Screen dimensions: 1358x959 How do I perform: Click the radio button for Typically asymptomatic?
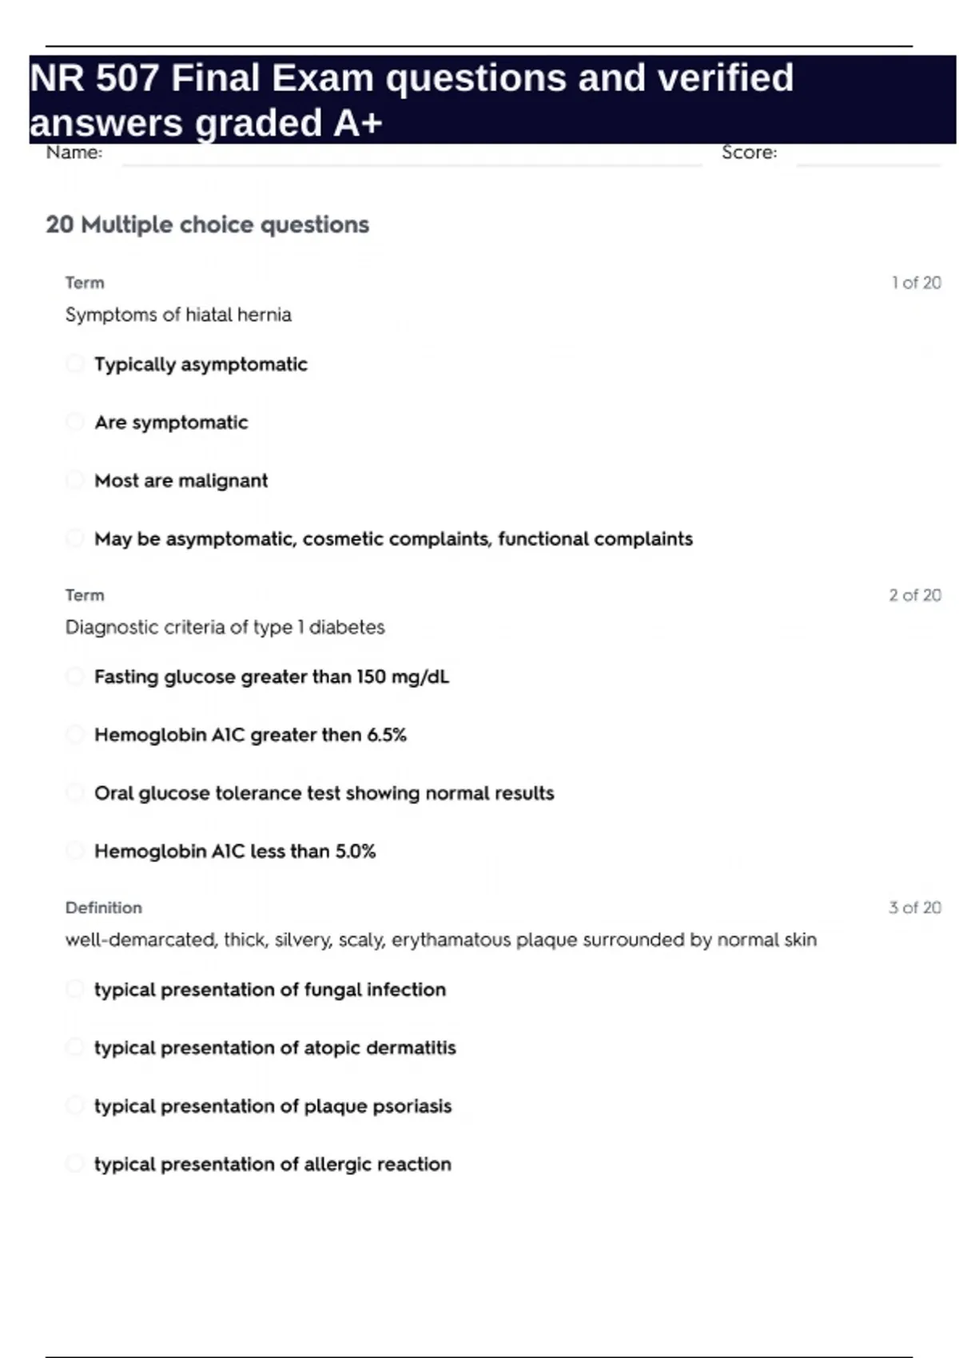[74, 364]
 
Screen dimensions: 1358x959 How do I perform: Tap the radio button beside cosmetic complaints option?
[74, 538]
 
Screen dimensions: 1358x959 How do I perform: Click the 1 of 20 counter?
[916, 283]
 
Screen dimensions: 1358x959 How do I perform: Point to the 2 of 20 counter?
[915, 595]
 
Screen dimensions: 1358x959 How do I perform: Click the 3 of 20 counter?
[915, 907]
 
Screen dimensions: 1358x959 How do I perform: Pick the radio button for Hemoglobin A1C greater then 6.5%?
[74, 734]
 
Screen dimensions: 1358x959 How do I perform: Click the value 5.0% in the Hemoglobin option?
[355, 852]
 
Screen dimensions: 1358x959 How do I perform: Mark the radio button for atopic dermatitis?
[74, 1047]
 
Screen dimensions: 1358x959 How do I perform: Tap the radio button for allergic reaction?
[74, 1164]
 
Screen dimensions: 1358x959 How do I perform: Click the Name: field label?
[74, 153]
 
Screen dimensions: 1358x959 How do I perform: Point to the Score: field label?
[749, 153]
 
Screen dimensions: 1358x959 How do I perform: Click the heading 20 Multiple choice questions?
[208, 224]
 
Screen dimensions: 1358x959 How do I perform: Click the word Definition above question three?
[104, 907]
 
